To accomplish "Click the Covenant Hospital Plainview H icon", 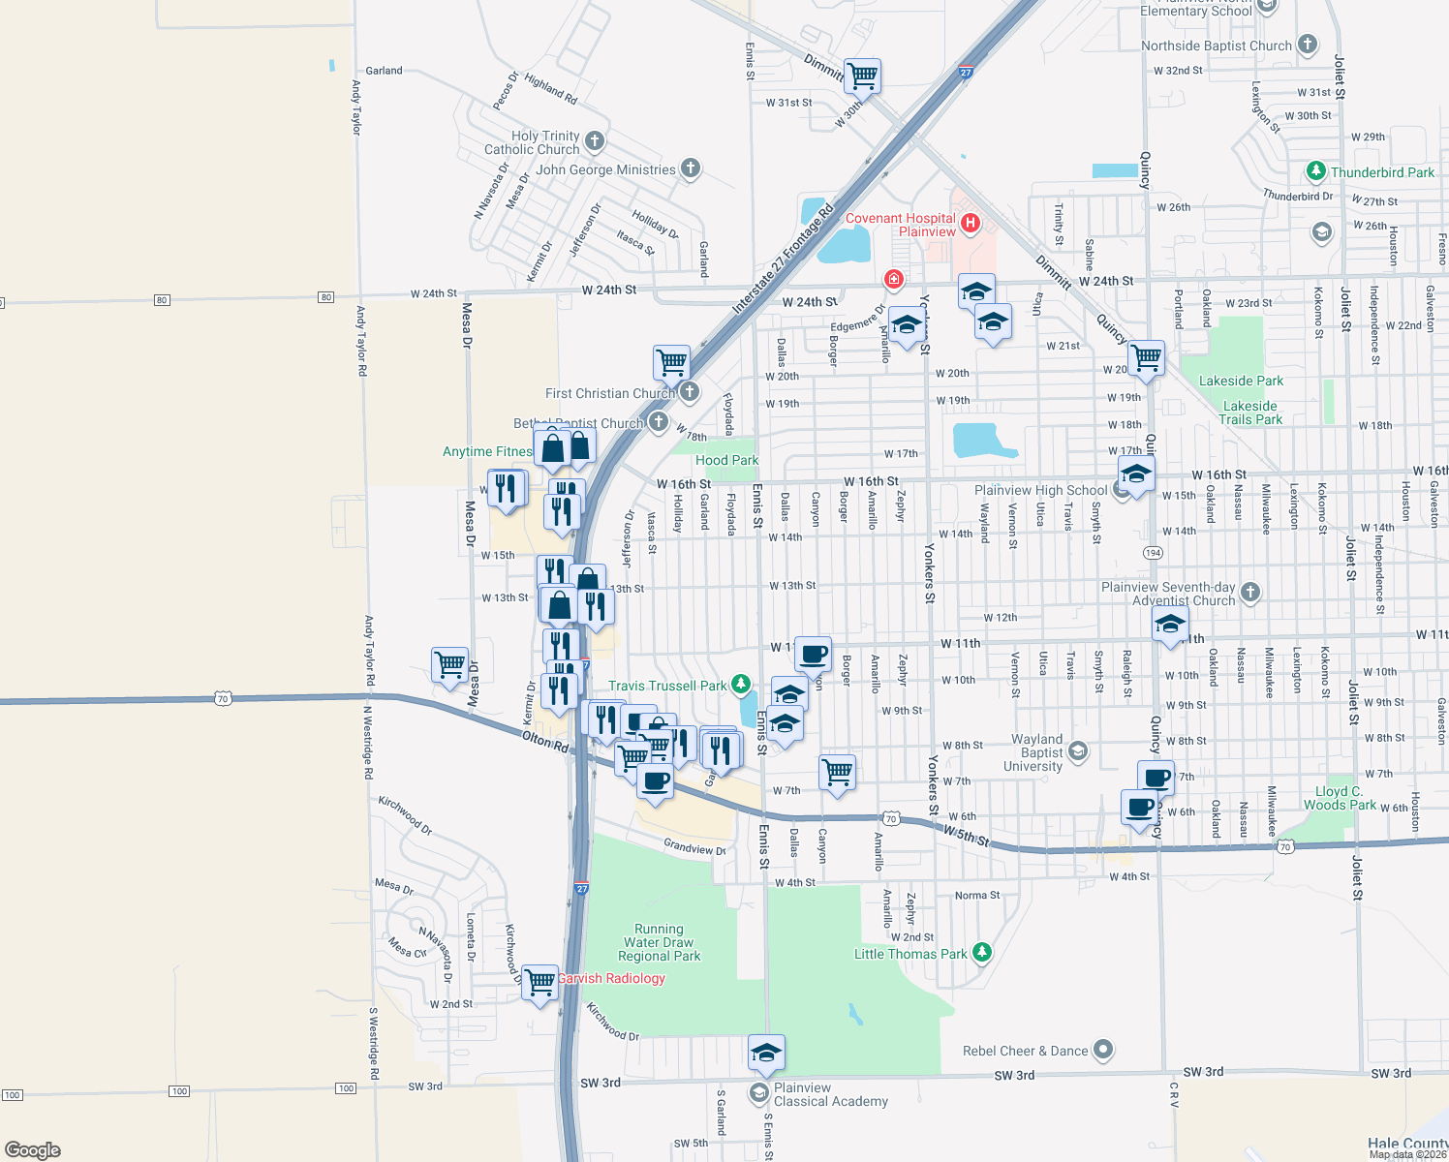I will (970, 224).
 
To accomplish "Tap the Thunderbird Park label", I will (1382, 172).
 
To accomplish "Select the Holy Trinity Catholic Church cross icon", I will (595, 141).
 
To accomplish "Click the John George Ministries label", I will (605, 169).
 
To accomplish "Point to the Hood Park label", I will (726, 460).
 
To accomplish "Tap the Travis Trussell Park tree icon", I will (741, 685).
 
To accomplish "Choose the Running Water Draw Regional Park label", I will (659, 942).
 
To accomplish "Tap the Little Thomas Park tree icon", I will (981, 953).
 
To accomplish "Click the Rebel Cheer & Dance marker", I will (1103, 1050).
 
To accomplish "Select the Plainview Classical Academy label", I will (830, 1094).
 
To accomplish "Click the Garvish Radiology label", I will (612, 978).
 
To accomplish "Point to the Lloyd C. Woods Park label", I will (1340, 798).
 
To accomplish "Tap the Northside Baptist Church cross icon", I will (1308, 45).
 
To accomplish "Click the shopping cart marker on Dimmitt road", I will (861, 75).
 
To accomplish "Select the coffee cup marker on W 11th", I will (813, 654).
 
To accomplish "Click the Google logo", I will (33, 1149).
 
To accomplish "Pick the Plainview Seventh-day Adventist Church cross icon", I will (1249, 593).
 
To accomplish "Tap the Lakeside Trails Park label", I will (1249, 413).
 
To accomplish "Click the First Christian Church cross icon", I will (690, 392).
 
